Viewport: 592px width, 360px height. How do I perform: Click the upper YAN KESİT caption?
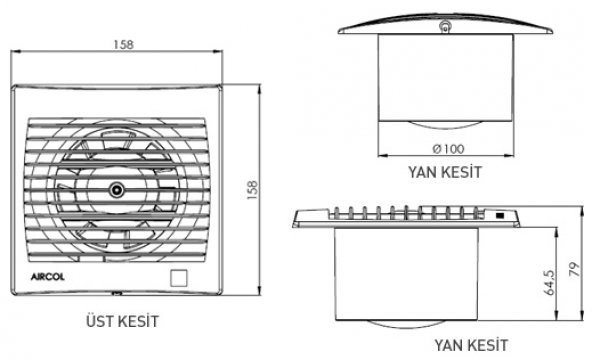445,171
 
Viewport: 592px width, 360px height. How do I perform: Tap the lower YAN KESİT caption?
470,345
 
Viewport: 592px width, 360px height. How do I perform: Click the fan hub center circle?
118,189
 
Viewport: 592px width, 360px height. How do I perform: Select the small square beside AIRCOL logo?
181,277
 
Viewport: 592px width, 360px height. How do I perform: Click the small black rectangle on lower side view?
498,215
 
